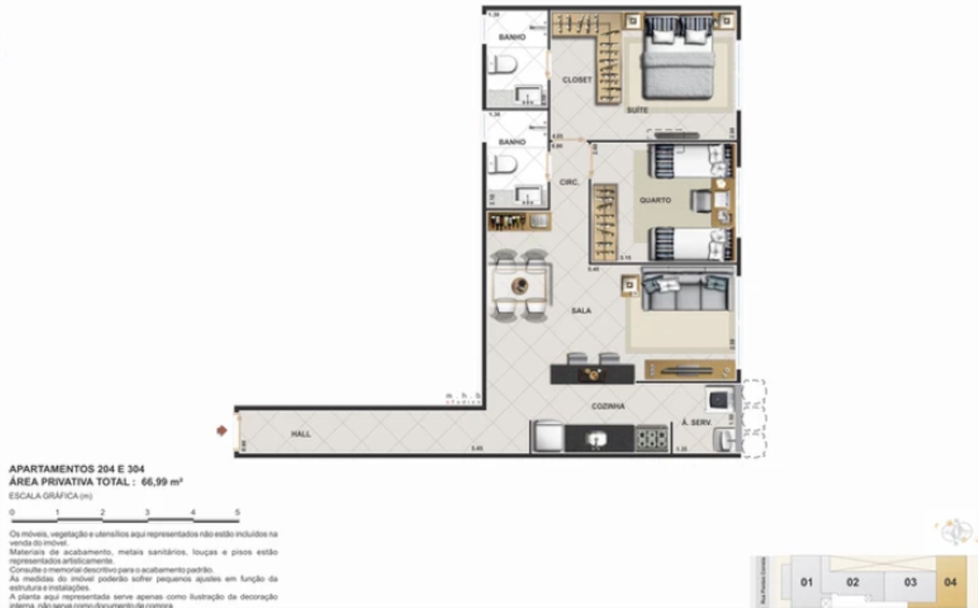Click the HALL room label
301,435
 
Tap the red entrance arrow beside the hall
222,430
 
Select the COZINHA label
608,407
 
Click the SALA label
581,311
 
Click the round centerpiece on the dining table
520,286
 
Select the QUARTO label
655,201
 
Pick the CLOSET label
577,80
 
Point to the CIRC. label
569,182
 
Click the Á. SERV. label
696,423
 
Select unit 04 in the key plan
950,582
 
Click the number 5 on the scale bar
238,512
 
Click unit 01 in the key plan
806,582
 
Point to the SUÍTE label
637,110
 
